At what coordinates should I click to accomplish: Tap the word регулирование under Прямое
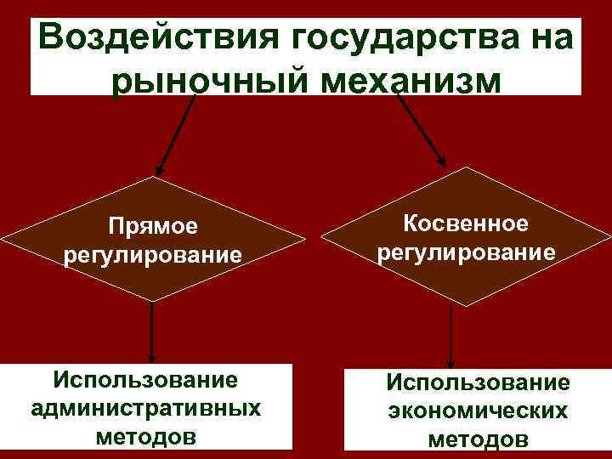(152, 254)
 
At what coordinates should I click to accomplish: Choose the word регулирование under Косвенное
(466, 252)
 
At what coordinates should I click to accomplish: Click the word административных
(145, 407)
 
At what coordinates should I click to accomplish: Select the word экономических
(478, 411)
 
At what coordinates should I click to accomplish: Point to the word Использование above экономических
(478, 382)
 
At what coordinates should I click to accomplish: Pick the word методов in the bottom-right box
(478, 439)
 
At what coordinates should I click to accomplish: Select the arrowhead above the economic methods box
(450, 364)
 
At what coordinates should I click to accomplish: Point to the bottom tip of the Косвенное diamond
(450, 307)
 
